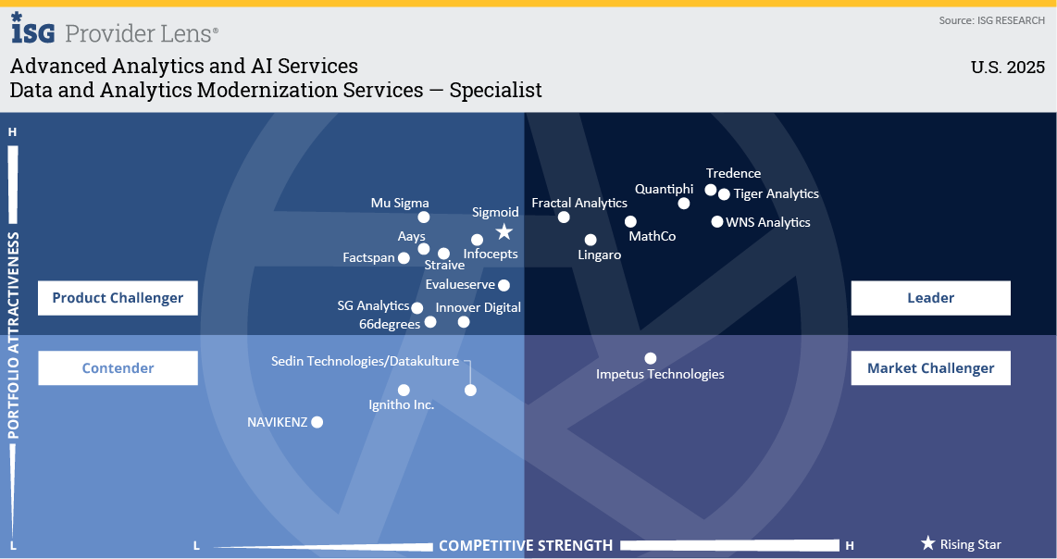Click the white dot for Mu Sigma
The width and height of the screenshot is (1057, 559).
tap(424, 217)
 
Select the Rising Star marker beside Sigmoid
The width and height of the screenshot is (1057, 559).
tap(504, 231)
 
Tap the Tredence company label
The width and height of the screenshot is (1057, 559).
tap(733, 173)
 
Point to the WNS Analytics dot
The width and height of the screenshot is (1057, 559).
tap(717, 221)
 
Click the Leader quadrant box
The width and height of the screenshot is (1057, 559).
tap(930, 298)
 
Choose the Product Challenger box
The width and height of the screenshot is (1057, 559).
tap(118, 298)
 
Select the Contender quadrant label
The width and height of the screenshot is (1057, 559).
tap(118, 368)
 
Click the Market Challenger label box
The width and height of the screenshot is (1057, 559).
tap(930, 368)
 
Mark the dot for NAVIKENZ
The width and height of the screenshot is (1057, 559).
tap(317, 422)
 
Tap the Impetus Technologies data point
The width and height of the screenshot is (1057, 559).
tap(651, 358)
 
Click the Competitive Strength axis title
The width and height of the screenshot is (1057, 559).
tap(525, 545)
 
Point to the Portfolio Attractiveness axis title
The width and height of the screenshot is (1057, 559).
tap(14, 335)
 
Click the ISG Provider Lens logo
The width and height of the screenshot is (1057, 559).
tap(115, 31)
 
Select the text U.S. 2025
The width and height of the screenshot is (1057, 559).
tap(1007, 68)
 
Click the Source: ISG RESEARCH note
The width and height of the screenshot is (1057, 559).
tap(991, 20)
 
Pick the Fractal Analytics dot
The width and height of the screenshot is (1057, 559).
tap(564, 217)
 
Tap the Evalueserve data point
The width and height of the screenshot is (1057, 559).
tap(504, 285)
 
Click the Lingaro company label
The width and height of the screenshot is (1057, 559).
tap(599, 255)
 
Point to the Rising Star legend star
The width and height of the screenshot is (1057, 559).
tap(927, 544)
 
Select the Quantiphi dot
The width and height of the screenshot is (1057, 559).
tap(684, 204)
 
